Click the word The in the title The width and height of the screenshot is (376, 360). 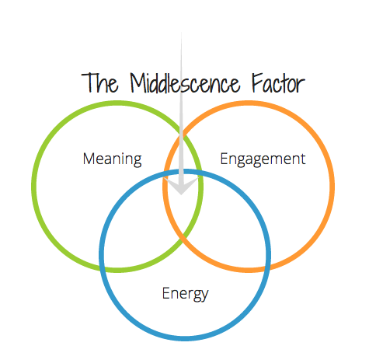click(x=100, y=82)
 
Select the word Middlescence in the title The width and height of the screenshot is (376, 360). click(x=185, y=82)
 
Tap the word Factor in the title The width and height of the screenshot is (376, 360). click(x=278, y=82)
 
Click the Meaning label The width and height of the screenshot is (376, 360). click(x=112, y=159)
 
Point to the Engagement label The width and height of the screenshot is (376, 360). click(x=263, y=159)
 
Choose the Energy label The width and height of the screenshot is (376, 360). click(x=185, y=294)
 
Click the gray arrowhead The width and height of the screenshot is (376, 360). click(x=181, y=185)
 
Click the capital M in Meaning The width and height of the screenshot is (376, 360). click(x=89, y=159)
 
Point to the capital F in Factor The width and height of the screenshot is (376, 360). click(x=257, y=82)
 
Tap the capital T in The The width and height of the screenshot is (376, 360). click(x=88, y=82)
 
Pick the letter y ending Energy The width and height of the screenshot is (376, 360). click(x=204, y=296)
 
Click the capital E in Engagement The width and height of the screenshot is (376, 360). click(x=224, y=159)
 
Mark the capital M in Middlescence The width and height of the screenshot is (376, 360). click(x=138, y=82)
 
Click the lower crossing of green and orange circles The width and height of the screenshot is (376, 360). click(x=183, y=236)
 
